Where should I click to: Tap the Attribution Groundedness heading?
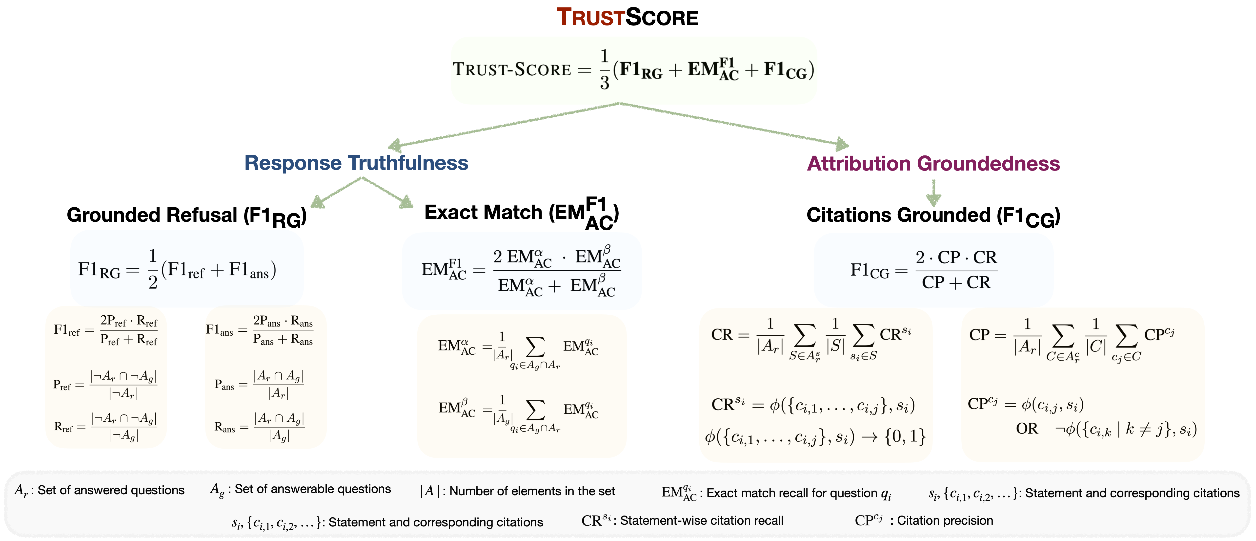tap(933, 163)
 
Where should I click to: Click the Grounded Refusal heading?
tap(186, 216)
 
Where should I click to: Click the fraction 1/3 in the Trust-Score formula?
tap(605, 69)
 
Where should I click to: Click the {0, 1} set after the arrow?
tap(905, 437)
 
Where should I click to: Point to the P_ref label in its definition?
tap(62, 385)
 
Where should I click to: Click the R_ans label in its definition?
tap(224, 427)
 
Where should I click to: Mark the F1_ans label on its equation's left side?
tap(219, 330)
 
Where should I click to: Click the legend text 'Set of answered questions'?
tap(111, 490)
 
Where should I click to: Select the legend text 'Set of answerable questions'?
tap(313, 489)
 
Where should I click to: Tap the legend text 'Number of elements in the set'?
tap(532, 491)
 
